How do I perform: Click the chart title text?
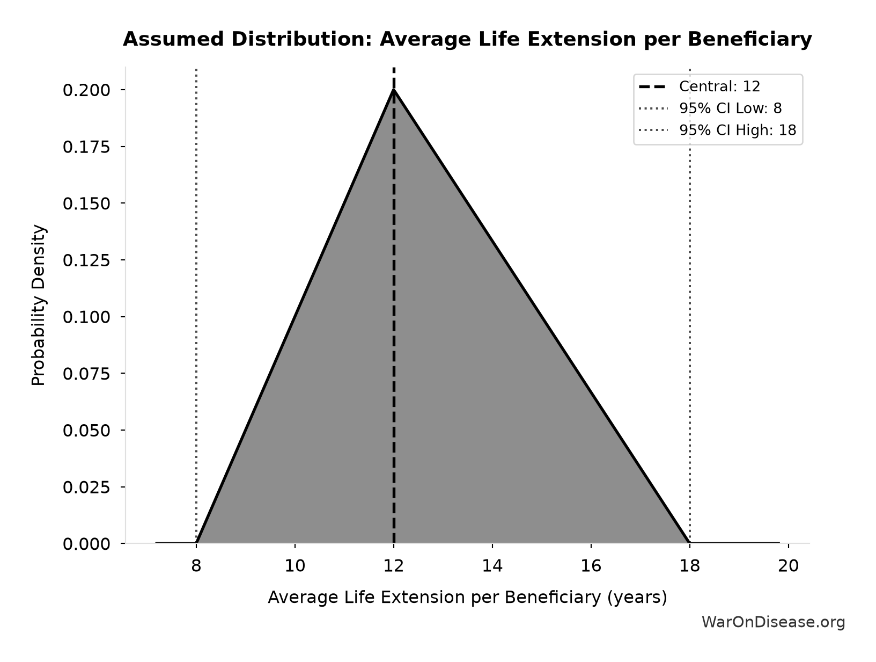[x=467, y=40]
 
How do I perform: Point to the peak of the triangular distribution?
[x=394, y=90]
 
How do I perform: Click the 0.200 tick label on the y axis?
[x=86, y=90]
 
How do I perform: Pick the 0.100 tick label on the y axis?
[x=86, y=317]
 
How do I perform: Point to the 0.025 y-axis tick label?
[x=86, y=487]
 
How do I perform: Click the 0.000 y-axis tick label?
[x=86, y=544]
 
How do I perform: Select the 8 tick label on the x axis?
[x=196, y=565]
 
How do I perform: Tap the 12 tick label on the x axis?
[x=394, y=565]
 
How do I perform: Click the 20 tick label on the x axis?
[x=788, y=565]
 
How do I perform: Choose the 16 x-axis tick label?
[x=591, y=565]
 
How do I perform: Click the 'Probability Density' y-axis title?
[x=38, y=305]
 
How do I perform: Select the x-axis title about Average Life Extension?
[x=467, y=598]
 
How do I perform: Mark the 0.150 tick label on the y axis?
[x=86, y=203]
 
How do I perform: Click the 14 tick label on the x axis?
[x=492, y=565]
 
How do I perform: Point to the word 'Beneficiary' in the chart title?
[x=749, y=40]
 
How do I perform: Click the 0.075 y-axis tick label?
[x=86, y=374]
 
